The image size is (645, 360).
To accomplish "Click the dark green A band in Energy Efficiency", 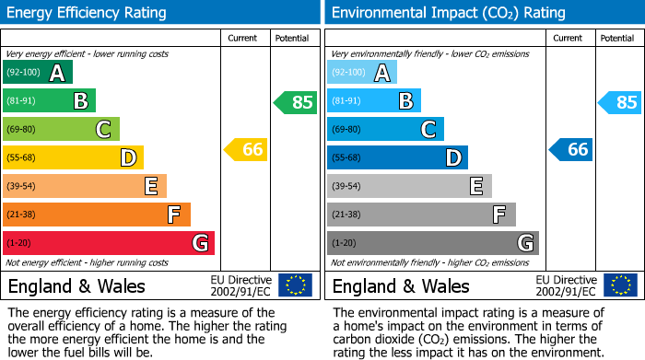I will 38,73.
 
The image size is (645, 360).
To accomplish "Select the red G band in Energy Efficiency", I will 109,243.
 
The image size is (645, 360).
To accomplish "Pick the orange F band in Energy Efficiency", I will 97,215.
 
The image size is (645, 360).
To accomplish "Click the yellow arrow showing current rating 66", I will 246,149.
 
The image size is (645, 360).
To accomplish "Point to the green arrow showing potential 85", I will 295,102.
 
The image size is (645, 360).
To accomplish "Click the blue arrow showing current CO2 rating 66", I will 570,149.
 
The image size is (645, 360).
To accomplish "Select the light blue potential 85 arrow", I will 619,102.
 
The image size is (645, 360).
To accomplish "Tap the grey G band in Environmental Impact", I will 433,243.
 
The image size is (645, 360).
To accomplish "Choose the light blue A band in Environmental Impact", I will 362,73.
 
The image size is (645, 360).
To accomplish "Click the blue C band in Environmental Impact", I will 385,130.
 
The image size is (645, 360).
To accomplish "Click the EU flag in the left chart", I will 295,285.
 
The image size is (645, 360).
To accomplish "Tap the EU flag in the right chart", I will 620,285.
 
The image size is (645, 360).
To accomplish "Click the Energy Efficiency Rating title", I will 88,13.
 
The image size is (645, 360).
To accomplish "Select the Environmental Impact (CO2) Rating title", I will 448,13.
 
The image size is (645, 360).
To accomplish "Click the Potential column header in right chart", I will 616,38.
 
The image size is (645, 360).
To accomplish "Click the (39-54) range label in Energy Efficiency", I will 21,187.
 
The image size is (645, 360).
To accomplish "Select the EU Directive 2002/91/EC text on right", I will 565,285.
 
